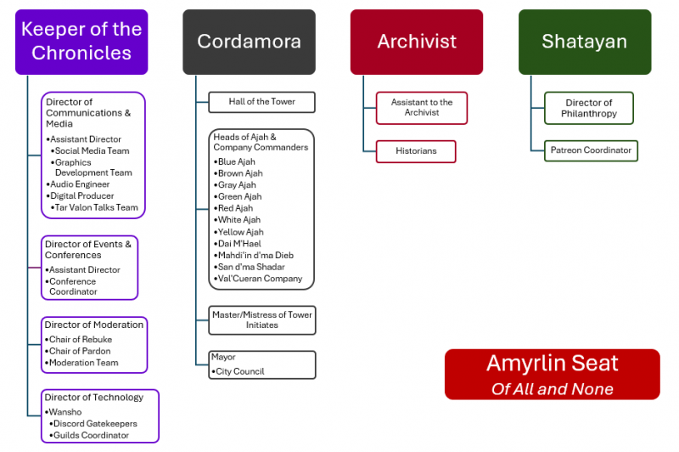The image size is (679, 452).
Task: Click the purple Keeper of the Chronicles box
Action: [x=81, y=42]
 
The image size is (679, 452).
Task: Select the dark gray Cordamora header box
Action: [x=249, y=42]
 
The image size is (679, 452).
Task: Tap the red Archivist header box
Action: [x=417, y=42]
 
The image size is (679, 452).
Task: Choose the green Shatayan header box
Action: [x=585, y=42]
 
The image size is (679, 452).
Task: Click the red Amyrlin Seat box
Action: [x=552, y=374]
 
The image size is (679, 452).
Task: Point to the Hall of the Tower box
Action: [x=262, y=102]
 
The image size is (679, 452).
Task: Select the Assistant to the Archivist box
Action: [x=422, y=108]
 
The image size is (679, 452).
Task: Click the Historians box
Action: [x=416, y=151]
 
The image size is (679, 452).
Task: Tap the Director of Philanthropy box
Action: [x=589, y=108]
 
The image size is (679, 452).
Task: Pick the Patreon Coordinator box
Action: [x=591, y=150]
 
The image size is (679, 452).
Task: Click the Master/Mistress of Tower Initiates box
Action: [x=262, y=319]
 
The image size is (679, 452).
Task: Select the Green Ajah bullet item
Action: [x=237, y=196]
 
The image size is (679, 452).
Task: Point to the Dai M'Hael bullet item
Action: [x=241, y=244]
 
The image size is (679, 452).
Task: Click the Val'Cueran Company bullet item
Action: [x=260, y=279]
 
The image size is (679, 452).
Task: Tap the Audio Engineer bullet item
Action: [x=80, y=184]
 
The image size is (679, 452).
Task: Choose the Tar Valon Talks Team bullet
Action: [x=96, y=207]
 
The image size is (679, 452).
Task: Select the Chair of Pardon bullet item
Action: [x=81, y=351]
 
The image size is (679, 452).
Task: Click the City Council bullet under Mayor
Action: [x=241, y=371]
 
